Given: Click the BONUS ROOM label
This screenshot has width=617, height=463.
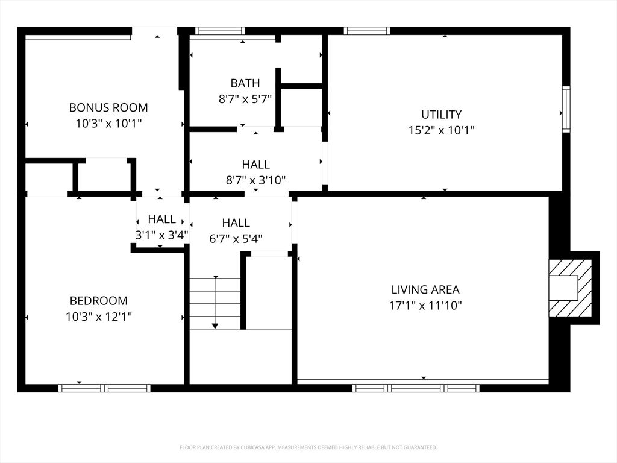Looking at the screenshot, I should (x=108, y=108).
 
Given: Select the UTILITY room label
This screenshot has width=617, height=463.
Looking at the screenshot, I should (x=441, y=114).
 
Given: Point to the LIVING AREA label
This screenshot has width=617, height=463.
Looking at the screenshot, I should (x=425, y=290).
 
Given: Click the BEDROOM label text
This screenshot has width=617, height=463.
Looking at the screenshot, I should (x=99, y=301).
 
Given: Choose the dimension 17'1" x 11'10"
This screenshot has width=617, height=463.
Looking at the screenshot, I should (x=425, y=306).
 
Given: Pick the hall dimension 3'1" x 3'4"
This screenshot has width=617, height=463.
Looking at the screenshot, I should (x=161, y=235).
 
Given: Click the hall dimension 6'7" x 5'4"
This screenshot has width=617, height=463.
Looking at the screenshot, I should (x=236, y=238).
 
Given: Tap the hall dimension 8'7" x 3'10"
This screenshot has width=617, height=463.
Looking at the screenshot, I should (x=255, y=180).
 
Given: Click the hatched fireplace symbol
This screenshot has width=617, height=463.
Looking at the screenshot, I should (x=569, y=288).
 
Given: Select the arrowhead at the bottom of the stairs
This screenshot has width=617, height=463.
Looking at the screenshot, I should (x=215, y=326).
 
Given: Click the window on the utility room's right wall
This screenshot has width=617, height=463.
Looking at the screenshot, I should (x=566, y=110).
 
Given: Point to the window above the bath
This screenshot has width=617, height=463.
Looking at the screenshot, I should (x=220, y=31).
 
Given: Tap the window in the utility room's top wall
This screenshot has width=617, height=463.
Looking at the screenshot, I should (x=367, y=31).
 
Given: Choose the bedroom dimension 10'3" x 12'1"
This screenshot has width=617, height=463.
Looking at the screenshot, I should (x=99, y=316).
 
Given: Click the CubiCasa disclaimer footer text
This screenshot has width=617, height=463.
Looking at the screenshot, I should (x=308, y=447).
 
